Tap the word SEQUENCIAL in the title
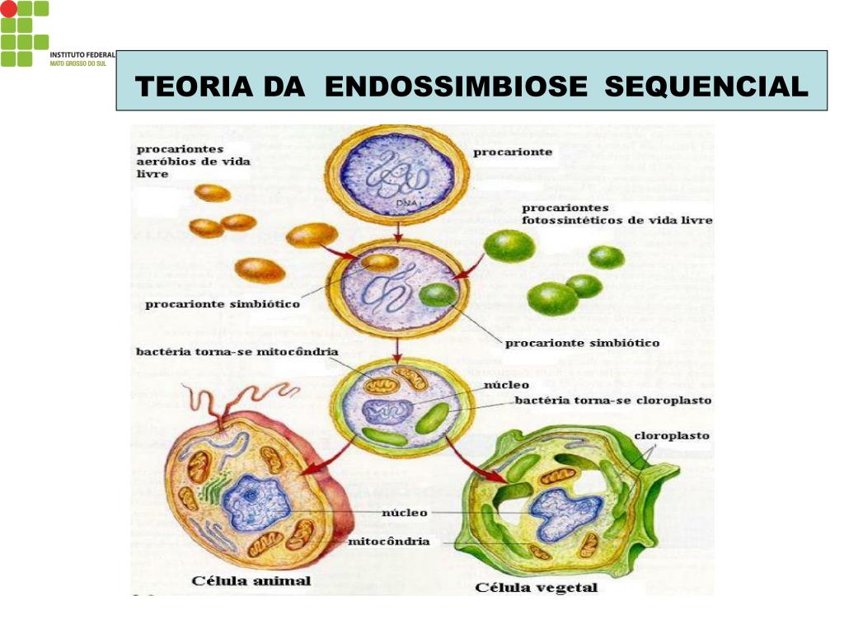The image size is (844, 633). click(x=706, y=87)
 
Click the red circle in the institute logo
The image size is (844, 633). click(x=7, y=8)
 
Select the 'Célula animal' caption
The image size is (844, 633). click(x=251, y=581)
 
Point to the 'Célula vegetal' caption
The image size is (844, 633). click(x=537, y=587)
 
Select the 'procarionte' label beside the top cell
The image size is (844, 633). click(x=512, y=152)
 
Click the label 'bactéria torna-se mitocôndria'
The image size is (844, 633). click(x=237, y=352)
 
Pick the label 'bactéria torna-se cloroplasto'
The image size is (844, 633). click(x=612, y=401)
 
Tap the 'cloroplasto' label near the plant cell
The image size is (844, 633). click(x=672, y=435)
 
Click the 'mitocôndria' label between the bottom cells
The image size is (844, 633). click(x=388, y=542)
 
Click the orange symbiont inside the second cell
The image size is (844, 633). click(x=381, y=263)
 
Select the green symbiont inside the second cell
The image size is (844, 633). click(x=437, y=294)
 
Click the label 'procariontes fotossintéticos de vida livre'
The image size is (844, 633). click(x=617, y=214)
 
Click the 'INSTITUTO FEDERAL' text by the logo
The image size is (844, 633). click(x=82, y=55)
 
